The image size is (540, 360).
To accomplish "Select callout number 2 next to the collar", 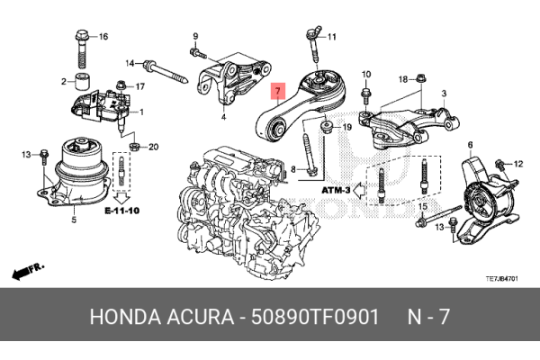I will pyautogui.click(x=64, y=82).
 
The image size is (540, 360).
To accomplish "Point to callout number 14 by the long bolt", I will pyautogui.click(x=130, y=63).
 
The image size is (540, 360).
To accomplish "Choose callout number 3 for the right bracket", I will pyautogui.click(x=444, y=94).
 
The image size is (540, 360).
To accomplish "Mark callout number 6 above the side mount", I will pyautogui.click(x=470, y=145).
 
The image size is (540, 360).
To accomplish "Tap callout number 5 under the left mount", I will pyautogui.click(x=74, y=218).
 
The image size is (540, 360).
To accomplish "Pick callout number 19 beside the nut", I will pyautogui.click(x=346, y=129).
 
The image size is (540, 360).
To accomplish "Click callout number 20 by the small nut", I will pyautogui.click(x=152, y=147).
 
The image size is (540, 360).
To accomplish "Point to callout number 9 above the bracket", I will pyautogui.click(x=193, y=36).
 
